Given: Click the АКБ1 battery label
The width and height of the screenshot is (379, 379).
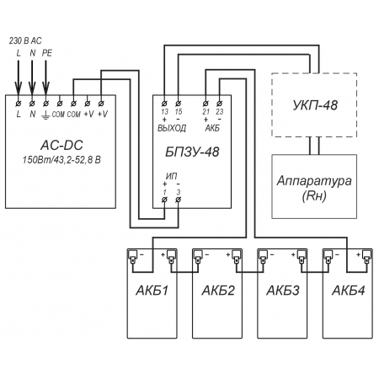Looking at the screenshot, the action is (x=152, y=291).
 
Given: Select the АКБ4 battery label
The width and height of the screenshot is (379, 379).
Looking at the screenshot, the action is (x=349, y=291).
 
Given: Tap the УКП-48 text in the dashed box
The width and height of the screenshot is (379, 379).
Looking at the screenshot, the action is (x=315, y=105).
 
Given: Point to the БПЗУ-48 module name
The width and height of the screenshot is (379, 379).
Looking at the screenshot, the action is (x=192, y=152).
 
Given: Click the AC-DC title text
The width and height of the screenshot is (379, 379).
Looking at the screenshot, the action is (x=61, y=145).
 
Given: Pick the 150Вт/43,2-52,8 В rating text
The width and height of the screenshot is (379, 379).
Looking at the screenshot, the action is (x=61, y=160).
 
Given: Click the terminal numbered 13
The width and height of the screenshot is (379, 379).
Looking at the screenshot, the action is (x=164, y=104).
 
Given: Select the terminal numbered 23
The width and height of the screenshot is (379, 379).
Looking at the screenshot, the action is (x=220, y=104).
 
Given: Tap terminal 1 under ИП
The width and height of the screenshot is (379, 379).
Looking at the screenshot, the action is (x=164, y=200).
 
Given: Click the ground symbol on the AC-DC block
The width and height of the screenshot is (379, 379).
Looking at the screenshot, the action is (x=45, y=115).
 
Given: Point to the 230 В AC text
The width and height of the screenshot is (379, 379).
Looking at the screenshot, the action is (x=25, y=40).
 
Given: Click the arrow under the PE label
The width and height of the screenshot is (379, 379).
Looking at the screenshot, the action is (x=45, y=77).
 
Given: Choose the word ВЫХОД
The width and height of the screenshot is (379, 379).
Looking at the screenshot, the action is (x=172, y=128).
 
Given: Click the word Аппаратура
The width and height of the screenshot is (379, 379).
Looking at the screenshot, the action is (x=314, y=181).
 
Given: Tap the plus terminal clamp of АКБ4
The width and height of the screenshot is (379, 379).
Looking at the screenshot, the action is (x=366, y=256).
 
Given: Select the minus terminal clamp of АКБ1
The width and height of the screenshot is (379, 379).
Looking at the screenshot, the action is (x=132, y=256).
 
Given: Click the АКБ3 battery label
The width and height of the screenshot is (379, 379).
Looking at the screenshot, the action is (x=283, y=291).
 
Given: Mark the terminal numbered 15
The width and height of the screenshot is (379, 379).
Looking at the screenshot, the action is (x=179, y=104).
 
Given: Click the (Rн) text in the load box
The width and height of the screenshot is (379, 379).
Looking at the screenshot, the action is (x=314, y=196).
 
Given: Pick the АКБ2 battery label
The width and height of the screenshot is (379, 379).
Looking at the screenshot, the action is (x=218, y=291).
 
